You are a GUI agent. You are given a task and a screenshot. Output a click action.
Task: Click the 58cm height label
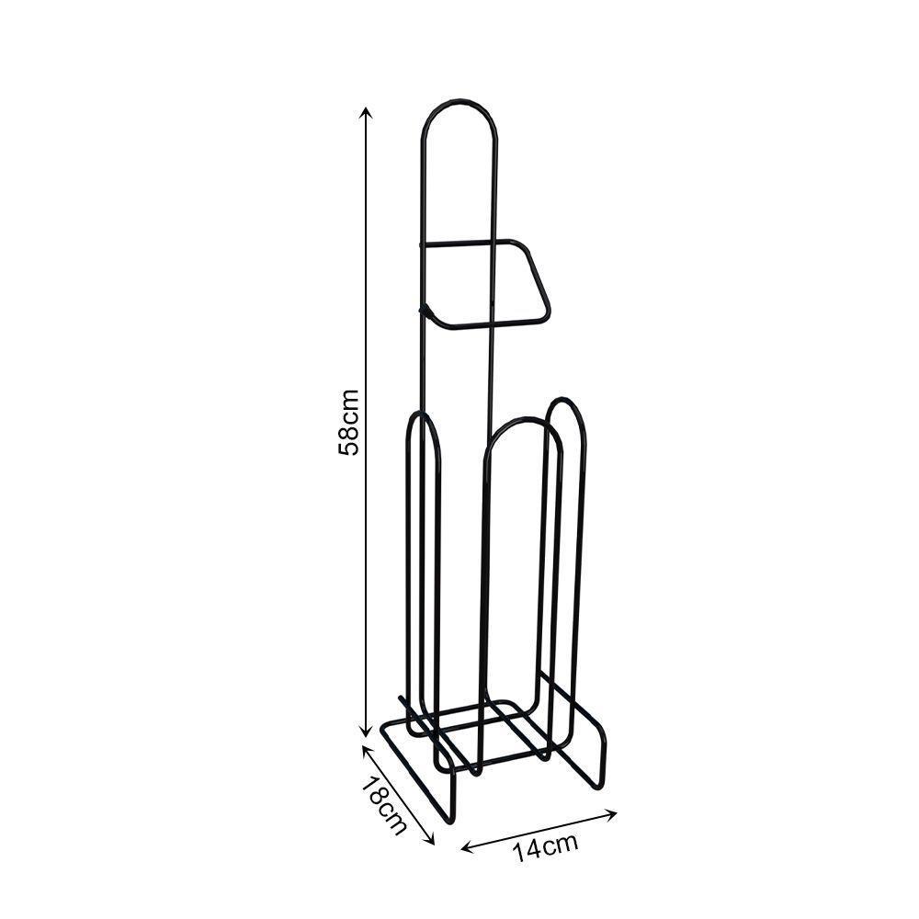(348, 422)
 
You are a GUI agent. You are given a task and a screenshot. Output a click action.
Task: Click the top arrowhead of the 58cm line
(367, 112)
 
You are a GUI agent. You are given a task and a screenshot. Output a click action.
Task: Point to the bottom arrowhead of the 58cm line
(367, 731)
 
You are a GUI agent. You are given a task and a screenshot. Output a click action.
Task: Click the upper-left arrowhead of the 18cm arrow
(367, 750)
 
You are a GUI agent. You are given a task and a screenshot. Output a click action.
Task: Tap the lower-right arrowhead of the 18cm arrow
(430, 840)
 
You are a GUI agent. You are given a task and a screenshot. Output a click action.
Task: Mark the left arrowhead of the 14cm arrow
(467, 847)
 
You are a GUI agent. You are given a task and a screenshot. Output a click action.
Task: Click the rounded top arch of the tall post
(459, 103)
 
